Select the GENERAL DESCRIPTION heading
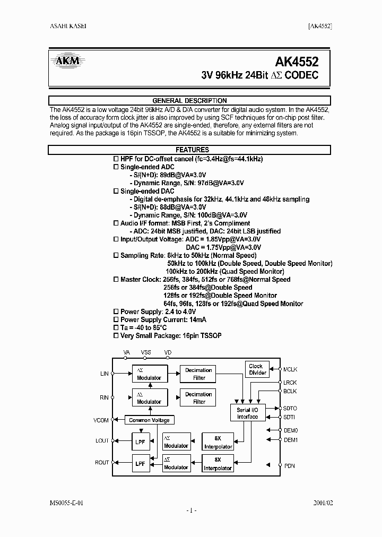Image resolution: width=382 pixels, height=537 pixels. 189,100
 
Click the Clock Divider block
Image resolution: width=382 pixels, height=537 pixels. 256,369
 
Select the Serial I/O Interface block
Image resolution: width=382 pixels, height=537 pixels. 247,413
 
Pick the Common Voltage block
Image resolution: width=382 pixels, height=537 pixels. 149,420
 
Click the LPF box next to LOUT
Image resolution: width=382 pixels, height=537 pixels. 140,441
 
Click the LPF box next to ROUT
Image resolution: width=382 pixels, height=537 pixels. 140,463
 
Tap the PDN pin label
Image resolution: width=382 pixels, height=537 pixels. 289,466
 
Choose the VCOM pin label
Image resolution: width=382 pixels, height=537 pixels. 101,420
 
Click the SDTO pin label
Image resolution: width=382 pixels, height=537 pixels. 290,409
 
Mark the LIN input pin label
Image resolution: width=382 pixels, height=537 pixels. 104,374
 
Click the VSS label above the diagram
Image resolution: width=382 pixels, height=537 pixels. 146,352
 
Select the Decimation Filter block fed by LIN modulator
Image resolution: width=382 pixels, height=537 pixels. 199,374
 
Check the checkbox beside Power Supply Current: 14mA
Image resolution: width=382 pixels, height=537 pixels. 117,320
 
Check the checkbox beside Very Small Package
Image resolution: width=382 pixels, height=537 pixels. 117,336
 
